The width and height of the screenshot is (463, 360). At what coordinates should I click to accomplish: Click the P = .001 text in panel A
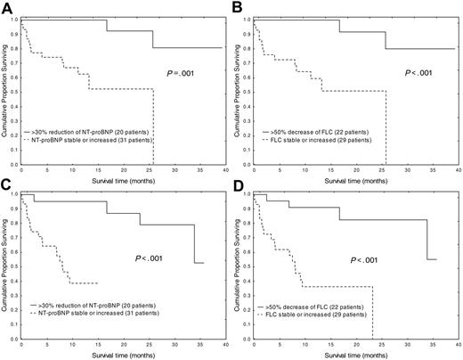pyautogui.click(x=178, y=77)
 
